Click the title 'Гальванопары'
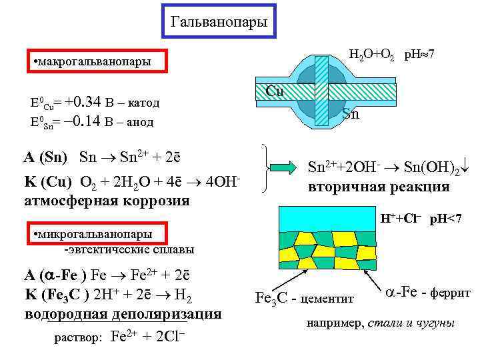click(x=219, y=22)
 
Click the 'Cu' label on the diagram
click(x=275, y=91)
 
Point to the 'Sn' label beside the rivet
click(x=351, y=115)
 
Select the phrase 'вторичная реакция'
click(x=378, y=187)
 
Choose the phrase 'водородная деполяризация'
click(x=123, y=313)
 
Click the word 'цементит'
click(x=328, y=297)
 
